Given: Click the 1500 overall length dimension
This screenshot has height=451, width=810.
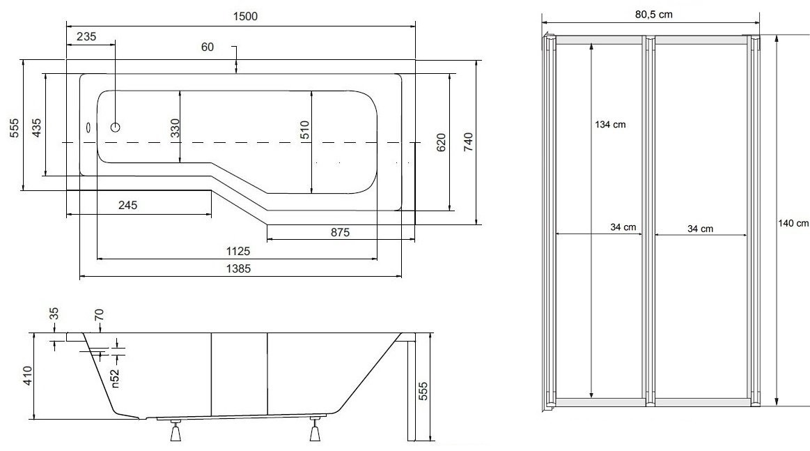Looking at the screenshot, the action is tap(245, 16).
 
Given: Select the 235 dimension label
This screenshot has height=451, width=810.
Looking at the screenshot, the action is tap(86, 37).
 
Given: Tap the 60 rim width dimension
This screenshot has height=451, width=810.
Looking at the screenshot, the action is tap(207, 47).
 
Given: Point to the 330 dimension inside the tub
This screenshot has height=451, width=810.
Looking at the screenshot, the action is tap(175, 128).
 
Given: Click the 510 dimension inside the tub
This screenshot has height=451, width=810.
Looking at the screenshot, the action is tap(304, 130).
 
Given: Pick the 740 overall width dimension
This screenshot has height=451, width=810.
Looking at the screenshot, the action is tap(467, 142).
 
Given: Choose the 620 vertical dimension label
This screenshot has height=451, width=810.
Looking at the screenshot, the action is tap(441, 142).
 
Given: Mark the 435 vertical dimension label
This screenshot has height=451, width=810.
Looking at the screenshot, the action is tap(36, 128).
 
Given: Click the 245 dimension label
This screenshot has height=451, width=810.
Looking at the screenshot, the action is tap(127, 206).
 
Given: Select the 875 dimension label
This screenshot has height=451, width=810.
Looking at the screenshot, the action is tap(340, 233).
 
